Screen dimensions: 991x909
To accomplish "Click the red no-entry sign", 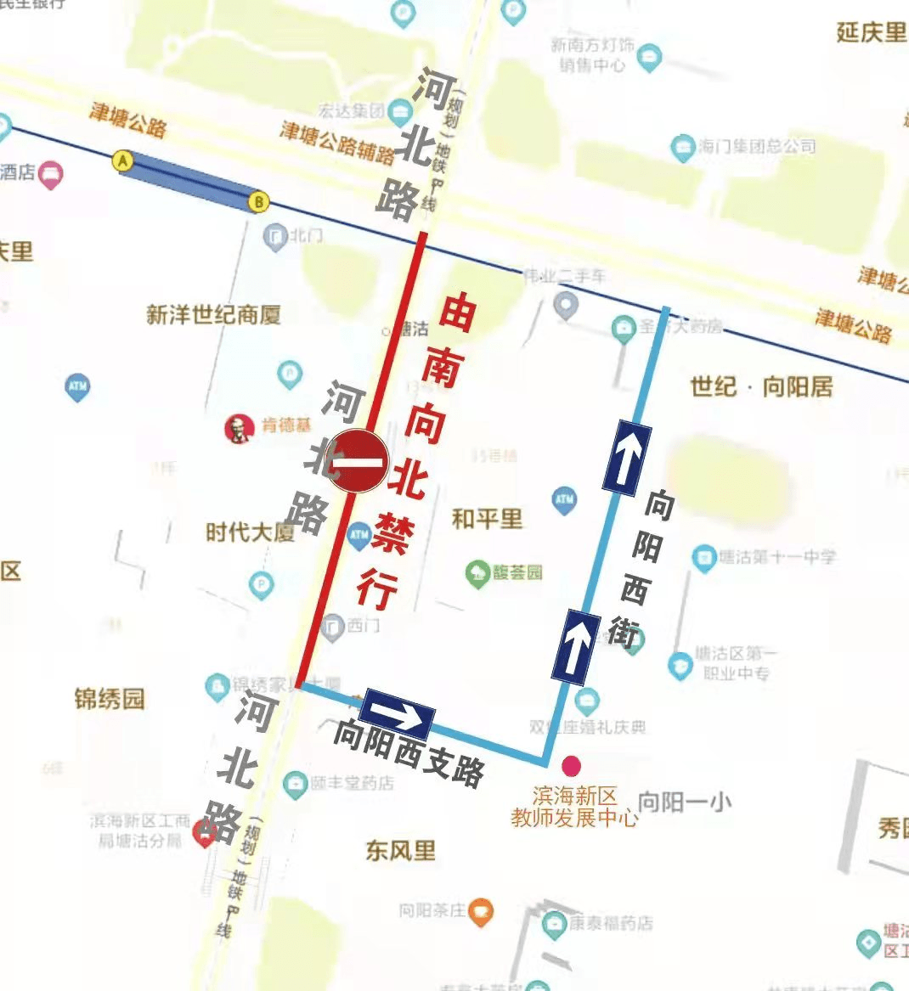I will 358,461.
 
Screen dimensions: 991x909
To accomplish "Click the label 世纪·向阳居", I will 761,387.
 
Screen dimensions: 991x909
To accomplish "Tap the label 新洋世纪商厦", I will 213,315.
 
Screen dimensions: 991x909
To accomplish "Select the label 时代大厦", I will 250,532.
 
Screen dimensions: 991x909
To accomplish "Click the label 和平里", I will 487,519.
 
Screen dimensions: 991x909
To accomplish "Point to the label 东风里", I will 400,849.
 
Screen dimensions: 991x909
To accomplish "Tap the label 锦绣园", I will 110,700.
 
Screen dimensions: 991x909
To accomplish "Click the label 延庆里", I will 871,32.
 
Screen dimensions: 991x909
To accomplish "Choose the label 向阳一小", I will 685,802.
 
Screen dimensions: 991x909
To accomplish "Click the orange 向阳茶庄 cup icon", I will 481,911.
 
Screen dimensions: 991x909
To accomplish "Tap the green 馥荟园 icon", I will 478,572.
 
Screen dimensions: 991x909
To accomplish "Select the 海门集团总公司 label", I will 756,146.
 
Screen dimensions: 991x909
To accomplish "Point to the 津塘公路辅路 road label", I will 337,143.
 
